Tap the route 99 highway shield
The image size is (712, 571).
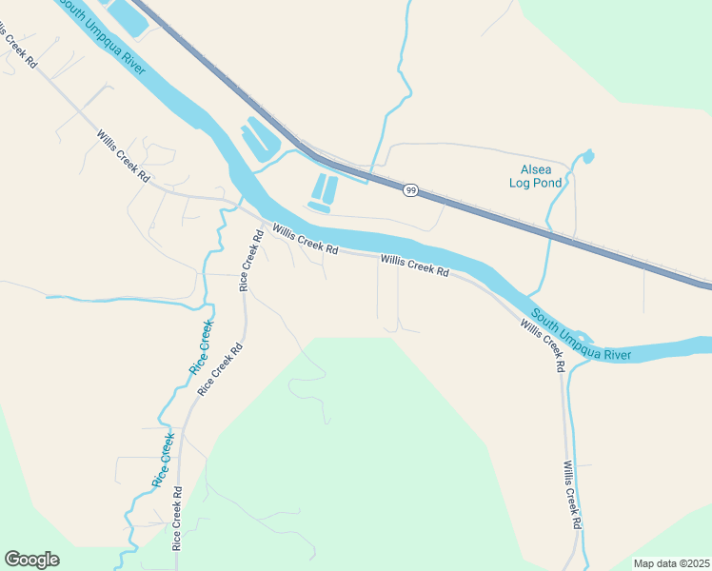pyautogui.click(x=409, y=190)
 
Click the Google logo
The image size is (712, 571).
pyautogui.click(x=31, y=560)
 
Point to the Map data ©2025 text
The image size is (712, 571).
pyautogui.click(x=670, y=563)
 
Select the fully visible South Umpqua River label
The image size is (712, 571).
pyautogui.click(x=582, y=335)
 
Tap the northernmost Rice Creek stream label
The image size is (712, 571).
pyautogui.click(x=202, y=347)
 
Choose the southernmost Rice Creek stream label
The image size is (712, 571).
pyautogui.click(x=163, y=461)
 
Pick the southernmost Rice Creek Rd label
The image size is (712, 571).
pyautogui.click(x=177, y=523)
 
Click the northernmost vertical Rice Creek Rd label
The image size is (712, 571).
pyautogui.click(x=249, y=261)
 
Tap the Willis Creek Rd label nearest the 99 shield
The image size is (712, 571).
pyautogui.click(x=414, y=265)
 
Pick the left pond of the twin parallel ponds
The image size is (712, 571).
pyautogui.click(x=319, y=187)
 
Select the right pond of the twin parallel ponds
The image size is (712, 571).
pyautogui.click(x=331, y=187)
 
